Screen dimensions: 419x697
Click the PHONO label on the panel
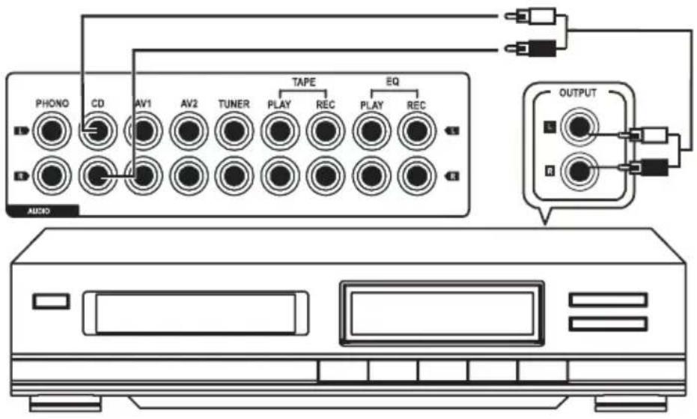(x=52, y=103)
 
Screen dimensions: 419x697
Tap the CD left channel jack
(x=97, y=131)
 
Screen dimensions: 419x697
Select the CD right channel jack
(x=97, y=176)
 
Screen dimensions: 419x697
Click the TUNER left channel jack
(x=234, y=131)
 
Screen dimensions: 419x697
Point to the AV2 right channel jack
(x=189, y=176)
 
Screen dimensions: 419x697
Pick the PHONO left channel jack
(x=52, y=131)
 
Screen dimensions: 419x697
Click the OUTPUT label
(x=577, y=93)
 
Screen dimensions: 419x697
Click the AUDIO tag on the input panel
(x=39, y=212)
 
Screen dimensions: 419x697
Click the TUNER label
(x=234, y=104)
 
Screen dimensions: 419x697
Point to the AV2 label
(x=189, y=104)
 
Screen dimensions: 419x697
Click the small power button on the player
(x=51, y=301)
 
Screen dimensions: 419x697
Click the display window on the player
(x=442, y=313)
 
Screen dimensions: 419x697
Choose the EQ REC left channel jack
(x=416, y=131)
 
